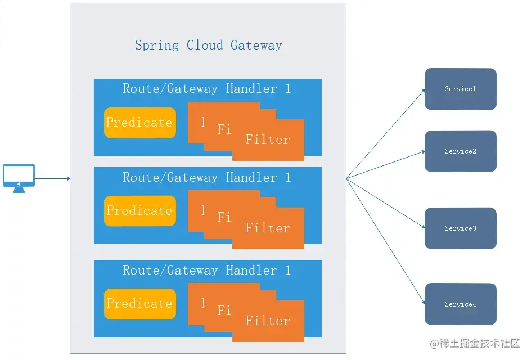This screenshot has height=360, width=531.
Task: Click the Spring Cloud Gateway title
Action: (x=208, y=45)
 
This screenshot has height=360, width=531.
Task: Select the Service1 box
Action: (x=460, y=89)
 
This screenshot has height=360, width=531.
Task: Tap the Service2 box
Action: (x=460, y=151)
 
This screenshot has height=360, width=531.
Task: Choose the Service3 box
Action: (x=460, y=228)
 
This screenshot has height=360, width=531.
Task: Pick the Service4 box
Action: (x=460, y=304)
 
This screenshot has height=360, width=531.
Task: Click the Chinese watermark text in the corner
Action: (x=475, y=343)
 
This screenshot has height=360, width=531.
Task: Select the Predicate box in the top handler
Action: (x=139, y=122)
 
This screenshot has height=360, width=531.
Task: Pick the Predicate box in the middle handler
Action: (x=139, y=210)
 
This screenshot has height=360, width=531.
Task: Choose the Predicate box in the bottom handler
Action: (x=139, y=303)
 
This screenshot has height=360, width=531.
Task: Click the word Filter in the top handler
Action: (x=268, y=139)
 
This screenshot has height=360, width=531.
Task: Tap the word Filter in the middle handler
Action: (x=268, y=228)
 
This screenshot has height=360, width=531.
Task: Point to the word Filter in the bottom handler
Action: (x=268, y=321)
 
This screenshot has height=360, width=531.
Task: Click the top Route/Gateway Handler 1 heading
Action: (x=207, y=88)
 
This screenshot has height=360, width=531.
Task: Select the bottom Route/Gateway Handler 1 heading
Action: (x=207, y=270)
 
